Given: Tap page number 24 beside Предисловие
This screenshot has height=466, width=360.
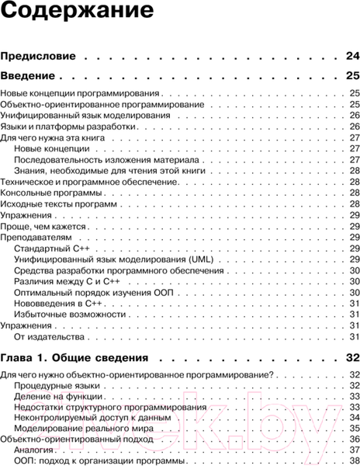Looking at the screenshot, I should [351, 56].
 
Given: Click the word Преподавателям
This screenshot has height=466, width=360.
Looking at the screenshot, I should [37, 236].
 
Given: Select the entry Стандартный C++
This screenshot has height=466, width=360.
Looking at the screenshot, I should [51, 248].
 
